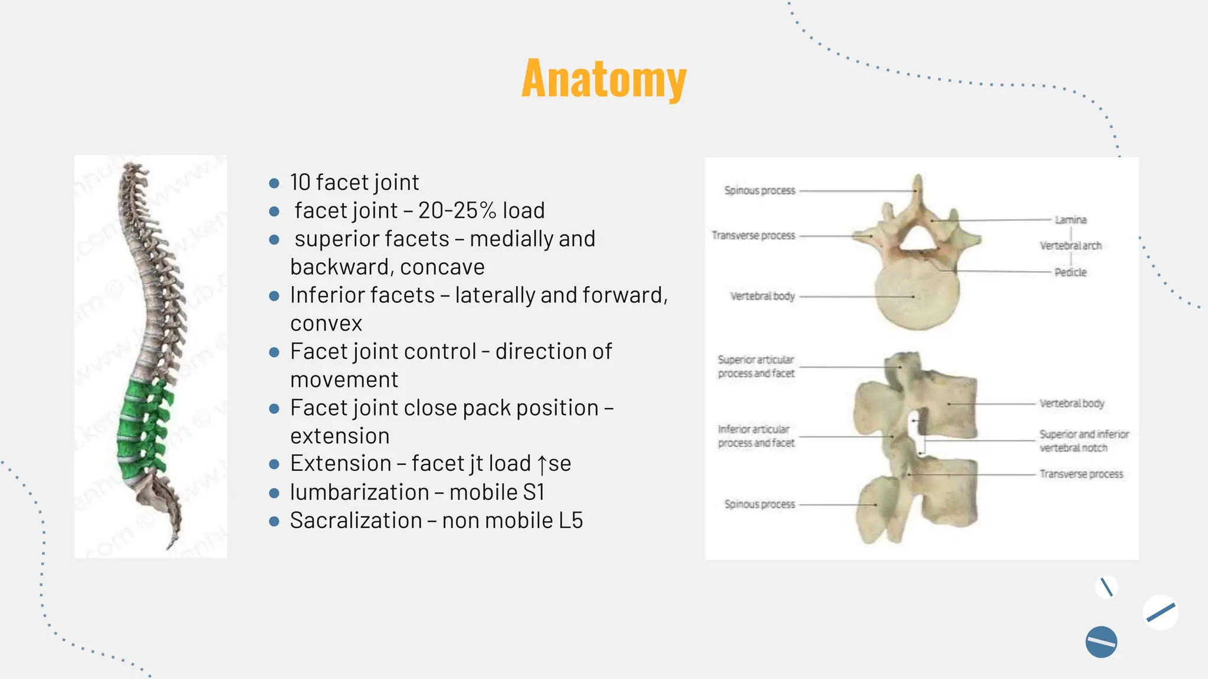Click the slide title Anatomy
click(604, 79)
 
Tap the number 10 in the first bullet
click(300, 183)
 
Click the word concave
click(442, 267)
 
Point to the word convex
click(326, 324)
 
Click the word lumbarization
click(359, 492)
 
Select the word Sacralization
click(356, 520)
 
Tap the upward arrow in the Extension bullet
click(541, 464)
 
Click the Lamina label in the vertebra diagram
click(1071, 220)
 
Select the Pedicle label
click(1070, 272)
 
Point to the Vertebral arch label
click(1071, 246)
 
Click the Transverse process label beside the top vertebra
click(753, 236)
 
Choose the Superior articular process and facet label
click(756, 367)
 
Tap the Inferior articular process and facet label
click(756, 436)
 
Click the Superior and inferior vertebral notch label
click(1084, 441)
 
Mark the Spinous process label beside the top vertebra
click(760, 190)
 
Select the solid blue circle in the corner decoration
click(1101, 642)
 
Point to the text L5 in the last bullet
click(570, 520)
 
